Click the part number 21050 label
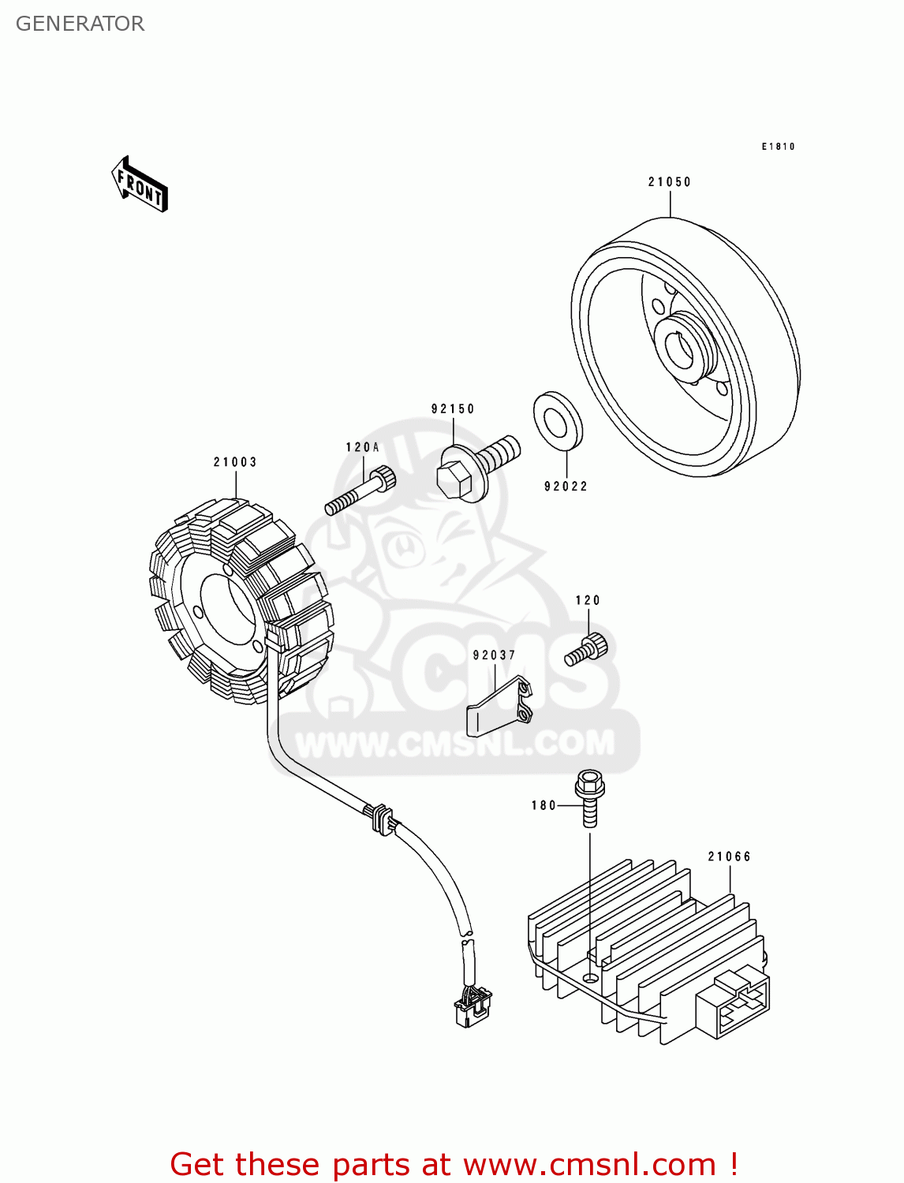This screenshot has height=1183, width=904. [669, 182]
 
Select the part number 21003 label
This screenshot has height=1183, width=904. [235, 462]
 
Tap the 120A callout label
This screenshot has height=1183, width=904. [362, 447]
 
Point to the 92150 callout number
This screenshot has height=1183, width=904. [453, 409]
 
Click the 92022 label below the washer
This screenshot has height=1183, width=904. [566, 487]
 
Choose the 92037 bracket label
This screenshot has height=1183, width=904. [494, 655]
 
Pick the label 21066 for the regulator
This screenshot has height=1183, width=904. [729, 856]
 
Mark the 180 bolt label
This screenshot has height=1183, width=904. [544, 805]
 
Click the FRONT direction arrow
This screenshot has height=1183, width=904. [140, 185]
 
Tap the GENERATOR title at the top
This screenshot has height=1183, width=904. [80, 24]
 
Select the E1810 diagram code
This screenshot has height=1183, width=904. [778, 147]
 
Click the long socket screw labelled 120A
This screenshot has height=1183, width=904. [360, 491]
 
